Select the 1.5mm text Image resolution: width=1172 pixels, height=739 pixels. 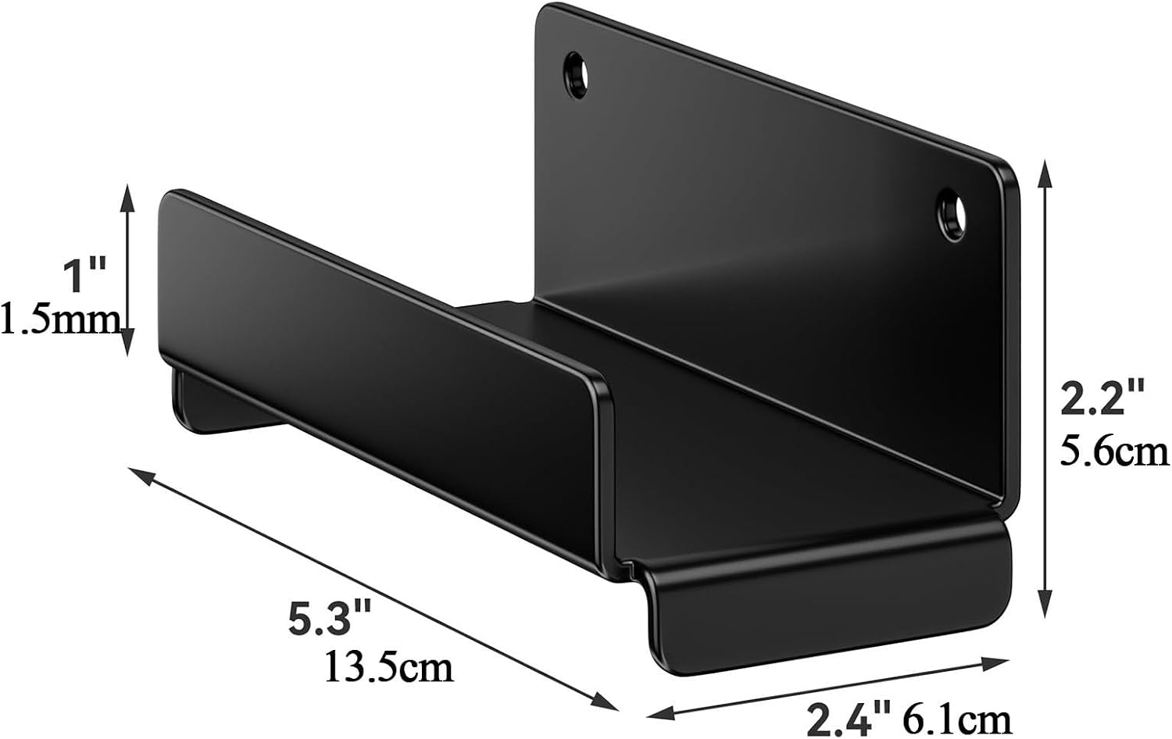pos(61,320)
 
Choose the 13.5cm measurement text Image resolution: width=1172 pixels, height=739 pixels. pos(389,667)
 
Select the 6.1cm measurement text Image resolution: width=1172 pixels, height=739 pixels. pos(958,720)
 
